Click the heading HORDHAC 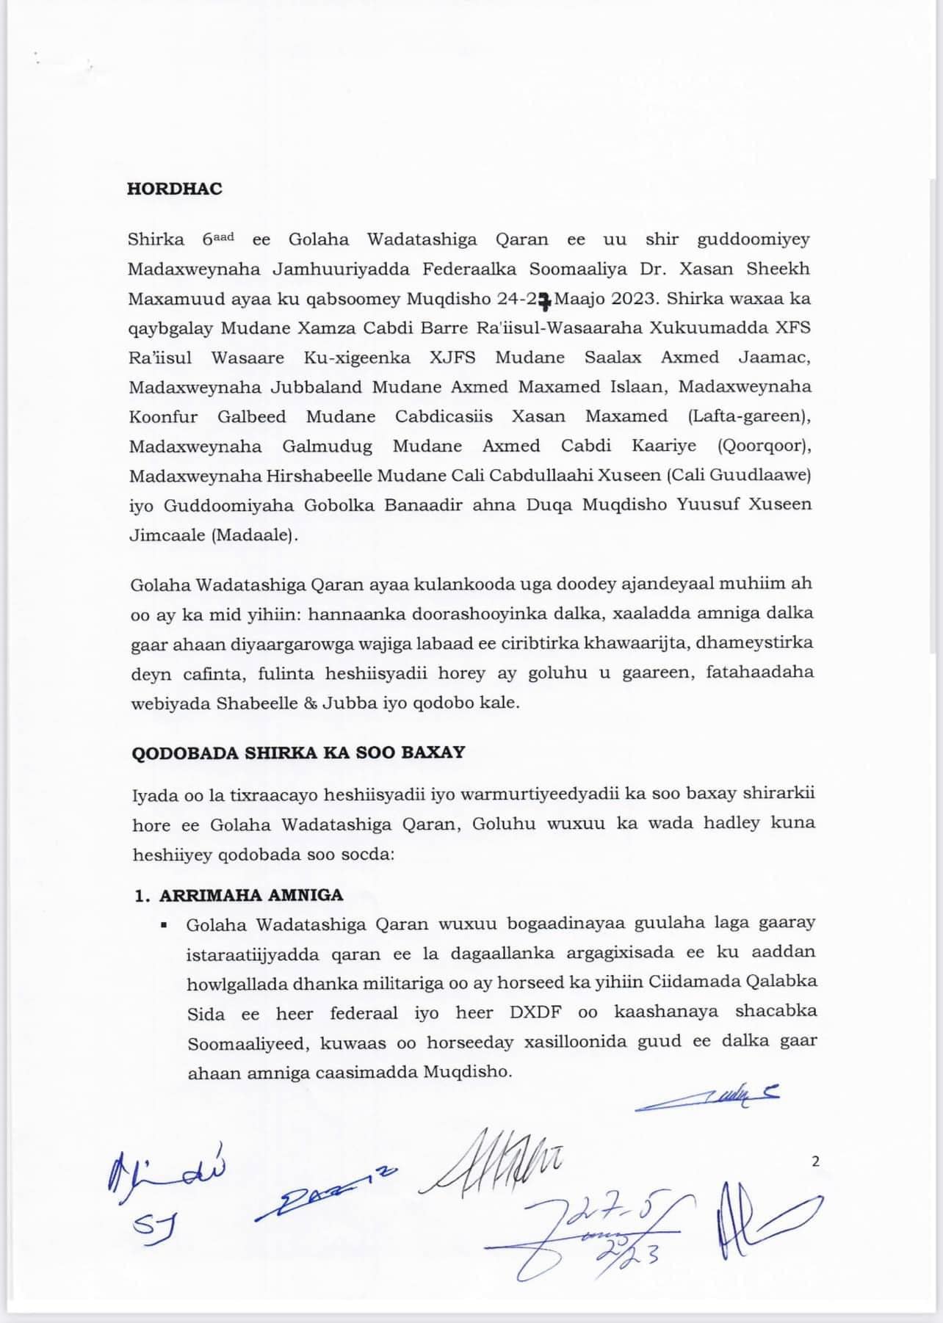pyautogui.click(x=174, y=189)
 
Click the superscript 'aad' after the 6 pyautogui.click(x=223, y=236)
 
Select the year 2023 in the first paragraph pyautogui.click(x=635, y=299)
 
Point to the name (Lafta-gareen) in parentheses pyautogui.click(x=749, y=417)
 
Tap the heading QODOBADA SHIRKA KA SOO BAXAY pyautogui.click(x=298, y=753)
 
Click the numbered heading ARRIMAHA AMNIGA pyautogui.click(x=250, y=895)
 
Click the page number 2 pyautogui.click(x=816, y=1161)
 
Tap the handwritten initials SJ pyautogui.click(x=155, y=1224)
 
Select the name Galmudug pyautogui.click(x=327, y=446)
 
